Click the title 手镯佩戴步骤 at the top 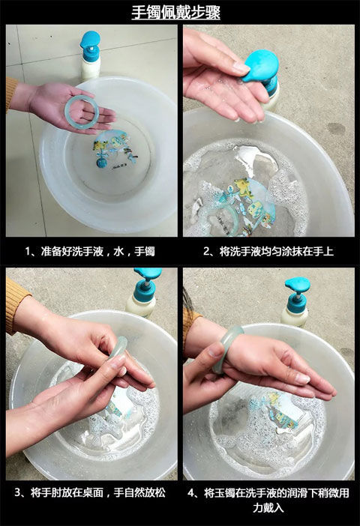point(175,13)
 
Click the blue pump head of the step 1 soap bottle point(90,45)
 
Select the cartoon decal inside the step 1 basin point(115,149)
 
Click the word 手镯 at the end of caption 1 point(145,251)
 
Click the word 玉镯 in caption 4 point(225,493)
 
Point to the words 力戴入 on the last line point(268,508)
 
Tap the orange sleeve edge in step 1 point(11,94)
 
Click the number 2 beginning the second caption point(206,251)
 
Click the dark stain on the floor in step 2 point(336,129)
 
